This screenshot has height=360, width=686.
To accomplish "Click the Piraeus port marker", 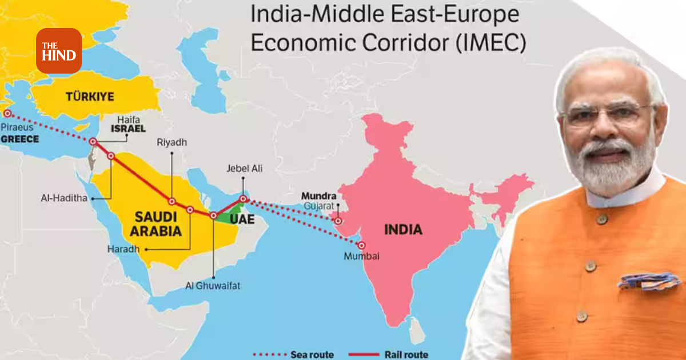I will [x=7, y=113].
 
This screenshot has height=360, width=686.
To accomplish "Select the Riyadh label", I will [x=171, y=142].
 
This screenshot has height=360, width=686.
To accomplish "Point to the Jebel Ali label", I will [x=244, y=169].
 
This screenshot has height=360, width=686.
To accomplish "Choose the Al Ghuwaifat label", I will [x=213, y=286].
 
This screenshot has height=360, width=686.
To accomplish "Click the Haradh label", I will [x=123, y=249].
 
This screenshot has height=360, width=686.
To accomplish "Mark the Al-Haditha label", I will [x=63, y=198].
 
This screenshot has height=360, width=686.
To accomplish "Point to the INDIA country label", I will [x=403, y=230].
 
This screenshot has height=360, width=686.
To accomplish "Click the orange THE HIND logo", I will [x=59, y=50].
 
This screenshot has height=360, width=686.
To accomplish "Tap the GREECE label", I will [x=19, y=139].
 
